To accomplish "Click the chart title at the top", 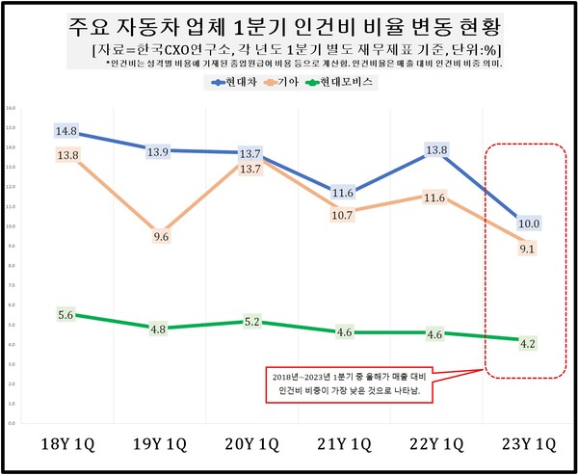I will click(x=288, y=23).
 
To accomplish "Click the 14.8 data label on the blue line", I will click(x=66, y=131).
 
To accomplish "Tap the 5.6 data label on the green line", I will click(x=66, y=315).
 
